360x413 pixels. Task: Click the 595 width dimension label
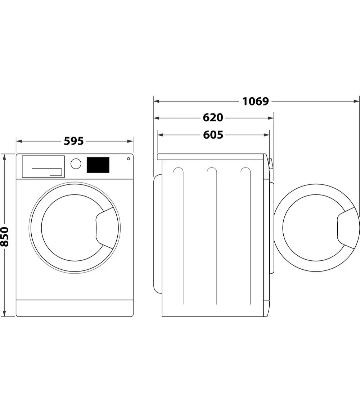tap(74, 141)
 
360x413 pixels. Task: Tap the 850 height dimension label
tap(5, 236)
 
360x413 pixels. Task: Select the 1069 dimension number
tap(255, 101)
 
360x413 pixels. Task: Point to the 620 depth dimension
tap(213, 118)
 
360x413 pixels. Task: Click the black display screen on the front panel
tap(98, 165)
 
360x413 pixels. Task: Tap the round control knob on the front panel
tap(76, 164)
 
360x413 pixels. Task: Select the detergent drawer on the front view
tap(43, 166)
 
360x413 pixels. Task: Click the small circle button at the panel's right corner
tap(128, 159)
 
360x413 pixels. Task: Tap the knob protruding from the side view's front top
tap(270, 164)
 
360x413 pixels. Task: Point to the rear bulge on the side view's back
tap(157, 233)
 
